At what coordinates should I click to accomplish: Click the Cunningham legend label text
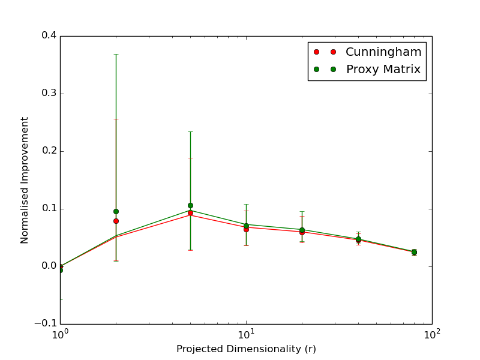click(x=383, y=52)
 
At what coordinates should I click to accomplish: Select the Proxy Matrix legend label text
click(x=383, y=70)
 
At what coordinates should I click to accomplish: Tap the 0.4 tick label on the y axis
click(x=49, y=35)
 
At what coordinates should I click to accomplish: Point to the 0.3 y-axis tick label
click(x=49, y=93)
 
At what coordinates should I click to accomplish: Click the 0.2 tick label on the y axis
click(x=49, y=151)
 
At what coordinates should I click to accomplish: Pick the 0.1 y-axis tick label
click(x=49, y=208)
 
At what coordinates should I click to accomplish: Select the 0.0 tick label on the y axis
click(x=49, y=266)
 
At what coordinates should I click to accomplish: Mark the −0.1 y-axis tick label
click(x=46, y=323)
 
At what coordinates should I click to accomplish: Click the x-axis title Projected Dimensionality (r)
click(x=246, y=349)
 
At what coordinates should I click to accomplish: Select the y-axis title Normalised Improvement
click(x=25, y=180)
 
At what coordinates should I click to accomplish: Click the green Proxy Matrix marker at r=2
click(x=116, y=211)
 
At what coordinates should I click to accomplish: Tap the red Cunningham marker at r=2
click(x=116, y=221)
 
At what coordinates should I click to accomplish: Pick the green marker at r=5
click(x=190, y=205)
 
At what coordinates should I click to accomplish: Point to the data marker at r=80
click(x=414, y=252)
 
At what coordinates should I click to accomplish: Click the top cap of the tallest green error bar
click(x=116, y=54)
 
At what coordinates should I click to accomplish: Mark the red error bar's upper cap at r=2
click(x=116, y=119)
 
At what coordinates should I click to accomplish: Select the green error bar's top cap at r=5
click(x=190, y=131)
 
